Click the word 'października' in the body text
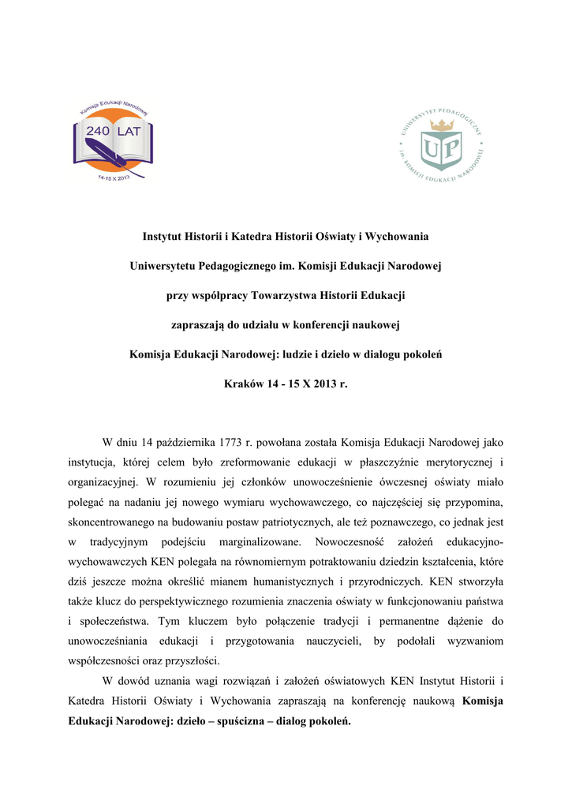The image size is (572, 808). pyautogui.click(x=169, y=440)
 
